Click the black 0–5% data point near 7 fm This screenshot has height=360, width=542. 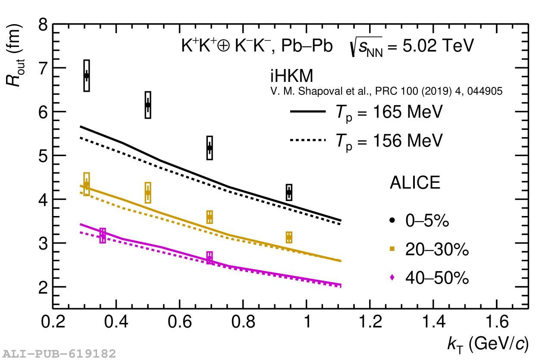(x=87, y=76)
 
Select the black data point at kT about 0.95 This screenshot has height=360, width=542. (x=289, y=192)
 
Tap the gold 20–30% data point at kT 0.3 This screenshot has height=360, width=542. (x=87, y=185)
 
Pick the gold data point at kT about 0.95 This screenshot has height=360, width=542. (x=289, y=237)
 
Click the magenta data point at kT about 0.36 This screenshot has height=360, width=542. (x=103, y=235)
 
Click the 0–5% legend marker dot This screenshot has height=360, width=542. (x=392, y=220)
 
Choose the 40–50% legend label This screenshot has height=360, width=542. (x=436, y=279)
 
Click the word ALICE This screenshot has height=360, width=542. (x=415, y=183)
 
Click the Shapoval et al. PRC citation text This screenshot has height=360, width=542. (x=386, y=91)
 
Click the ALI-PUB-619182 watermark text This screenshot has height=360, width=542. (x=59, y=354)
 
